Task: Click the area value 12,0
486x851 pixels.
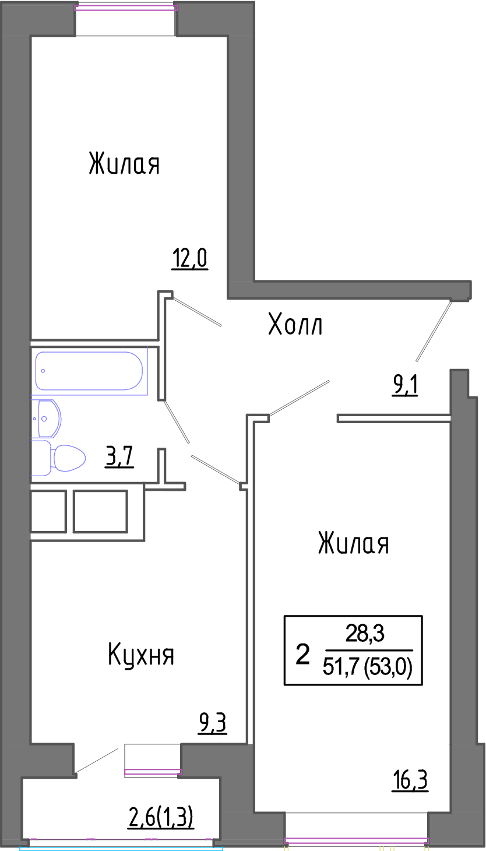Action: click(190, 258)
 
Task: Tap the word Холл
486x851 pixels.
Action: click(295, 324)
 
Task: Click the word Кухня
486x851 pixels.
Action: click(141, 654)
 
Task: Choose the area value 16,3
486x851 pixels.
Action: click(411, 780)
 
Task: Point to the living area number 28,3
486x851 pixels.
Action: click(365, 634)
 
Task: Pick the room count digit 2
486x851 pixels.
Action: click(302, 654)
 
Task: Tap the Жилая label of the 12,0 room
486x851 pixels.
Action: click(124, 164)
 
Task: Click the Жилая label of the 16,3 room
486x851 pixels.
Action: click(354, 543)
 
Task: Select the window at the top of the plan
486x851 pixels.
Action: click(126, 8)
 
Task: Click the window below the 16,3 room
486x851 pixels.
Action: click(356, 841)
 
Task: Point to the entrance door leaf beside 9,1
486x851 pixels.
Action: click(434, 330)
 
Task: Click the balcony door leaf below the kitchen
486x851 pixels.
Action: click(96, 761)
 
